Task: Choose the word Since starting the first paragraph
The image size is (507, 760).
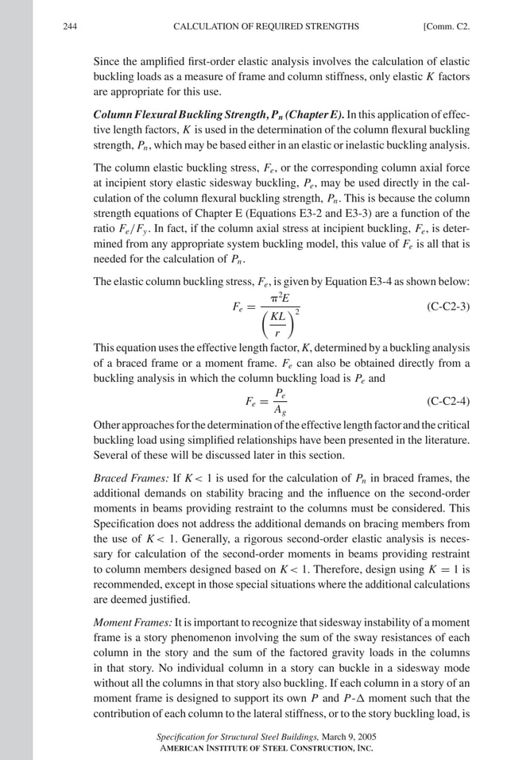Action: pos(107,61)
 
